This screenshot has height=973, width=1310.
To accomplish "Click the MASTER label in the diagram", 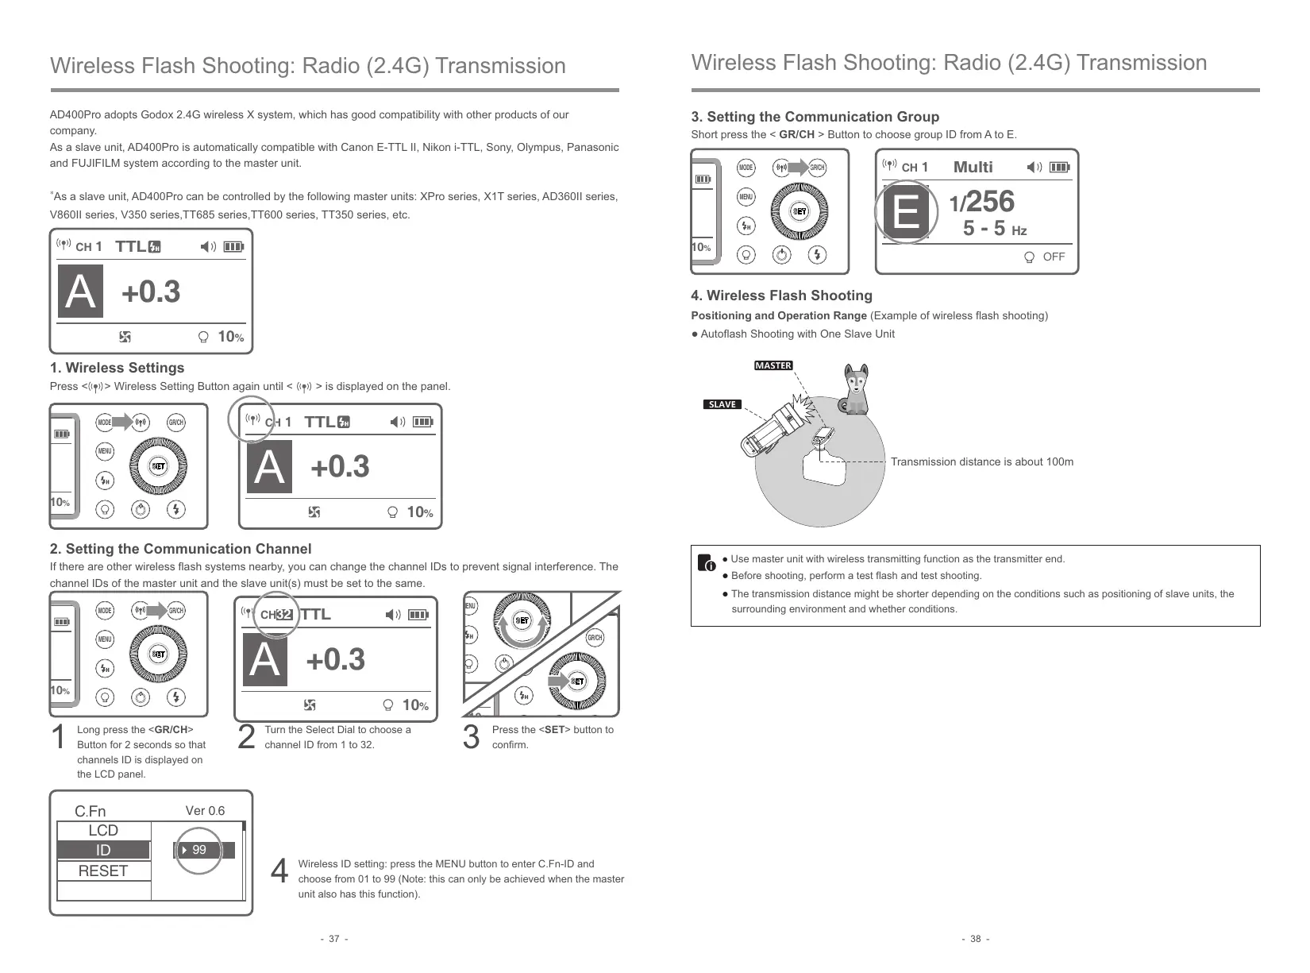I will pos(773,365).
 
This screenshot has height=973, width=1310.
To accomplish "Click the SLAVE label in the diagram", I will pos(722,404).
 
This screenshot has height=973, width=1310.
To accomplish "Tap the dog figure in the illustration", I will pos(856,390).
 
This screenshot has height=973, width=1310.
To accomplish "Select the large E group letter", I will pos(906,212).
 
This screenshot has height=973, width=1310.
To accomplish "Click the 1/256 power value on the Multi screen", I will pos(982,202).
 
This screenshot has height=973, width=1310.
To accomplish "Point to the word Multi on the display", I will pos(973,167).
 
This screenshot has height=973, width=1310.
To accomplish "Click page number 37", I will pos(333,939).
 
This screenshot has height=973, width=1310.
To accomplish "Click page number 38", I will pos(975,939).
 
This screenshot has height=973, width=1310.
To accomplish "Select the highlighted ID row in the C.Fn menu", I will pos(103,851).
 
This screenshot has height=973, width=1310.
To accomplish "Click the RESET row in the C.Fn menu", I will pos(103,871).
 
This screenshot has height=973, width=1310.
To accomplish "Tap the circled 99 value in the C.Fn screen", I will pos(199,850).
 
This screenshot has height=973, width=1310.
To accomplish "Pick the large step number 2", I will pos(247,738).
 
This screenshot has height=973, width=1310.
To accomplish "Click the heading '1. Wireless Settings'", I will pos(117,368).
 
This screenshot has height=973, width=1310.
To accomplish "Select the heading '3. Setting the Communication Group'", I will pos(815,117).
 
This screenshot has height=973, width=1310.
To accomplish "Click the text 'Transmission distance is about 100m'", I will pos(981,461).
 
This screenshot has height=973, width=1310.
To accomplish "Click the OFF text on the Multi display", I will pos(1054,257).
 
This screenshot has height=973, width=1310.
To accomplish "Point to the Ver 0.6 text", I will pos(205,811).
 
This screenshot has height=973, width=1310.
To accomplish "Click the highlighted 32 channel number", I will pos(284,615).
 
